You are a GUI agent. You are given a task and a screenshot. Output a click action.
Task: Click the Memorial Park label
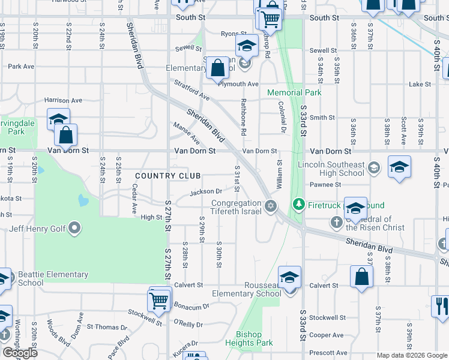tap(294, 92)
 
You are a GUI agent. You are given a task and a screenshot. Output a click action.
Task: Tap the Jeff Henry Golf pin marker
tap(74, 227)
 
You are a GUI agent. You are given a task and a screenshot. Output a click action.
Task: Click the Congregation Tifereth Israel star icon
tap(271, 206)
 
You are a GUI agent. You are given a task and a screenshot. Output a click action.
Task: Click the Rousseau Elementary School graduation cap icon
tap(289, 277)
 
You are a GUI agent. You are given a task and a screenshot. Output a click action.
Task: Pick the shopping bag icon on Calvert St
tap(361, 277)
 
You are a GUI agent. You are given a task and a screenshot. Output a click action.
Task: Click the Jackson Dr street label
tap(206, 192)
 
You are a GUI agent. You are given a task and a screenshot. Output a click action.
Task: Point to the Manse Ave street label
tap(186, 133)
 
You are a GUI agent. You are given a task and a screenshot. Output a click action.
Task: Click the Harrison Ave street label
tap(62, 100)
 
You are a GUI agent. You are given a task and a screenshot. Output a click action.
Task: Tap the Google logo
tap(20, 353)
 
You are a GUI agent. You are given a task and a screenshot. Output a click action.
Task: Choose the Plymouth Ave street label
tap(238, 85)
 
